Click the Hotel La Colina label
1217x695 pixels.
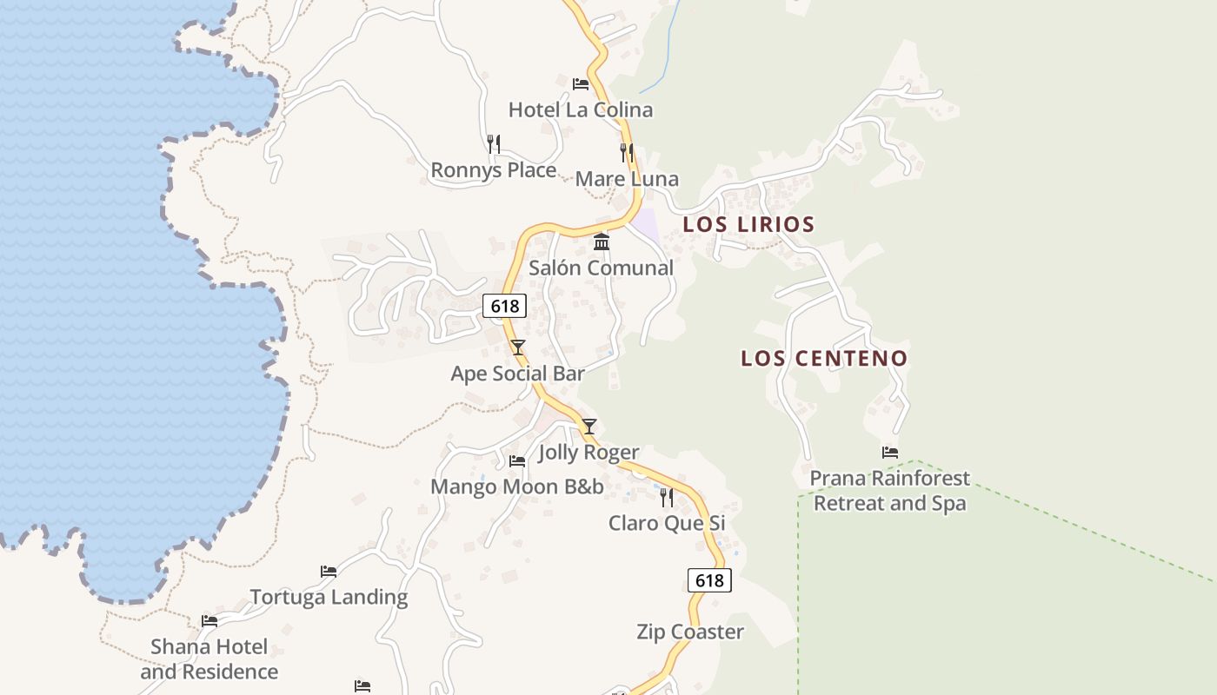click(580, 110)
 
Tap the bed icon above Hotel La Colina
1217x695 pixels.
click(581, 84)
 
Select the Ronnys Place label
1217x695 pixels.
click(494, 170)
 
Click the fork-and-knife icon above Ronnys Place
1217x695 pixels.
click(494, 143)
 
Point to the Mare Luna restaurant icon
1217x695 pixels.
click(627, 153)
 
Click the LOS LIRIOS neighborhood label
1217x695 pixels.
click(748, 224)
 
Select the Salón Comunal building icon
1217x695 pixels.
click(602, 242)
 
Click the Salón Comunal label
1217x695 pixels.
click(601, 268)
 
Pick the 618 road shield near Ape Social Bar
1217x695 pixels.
click(504, 306)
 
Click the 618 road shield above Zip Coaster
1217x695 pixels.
click(709, 580)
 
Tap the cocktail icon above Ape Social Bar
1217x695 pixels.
click(518, 347)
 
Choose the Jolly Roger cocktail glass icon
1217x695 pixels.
click(589, 426)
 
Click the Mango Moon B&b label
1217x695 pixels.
click(517, 486)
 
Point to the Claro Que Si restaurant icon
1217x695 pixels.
click(667, 497)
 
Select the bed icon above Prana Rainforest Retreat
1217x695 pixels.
click(889, 452)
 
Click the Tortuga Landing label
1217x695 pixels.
click(329, 598)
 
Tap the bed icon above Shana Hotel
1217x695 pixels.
click(209, 620)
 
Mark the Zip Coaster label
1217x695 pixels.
click(689, 632)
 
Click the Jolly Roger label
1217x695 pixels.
click(589, 453)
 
